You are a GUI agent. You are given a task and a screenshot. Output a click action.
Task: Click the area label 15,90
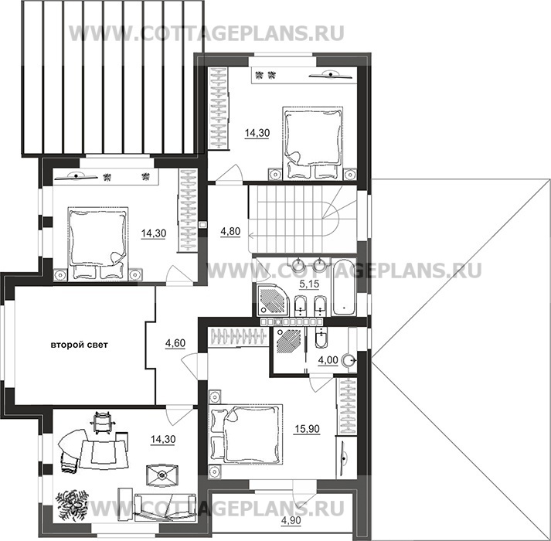click(307, 429)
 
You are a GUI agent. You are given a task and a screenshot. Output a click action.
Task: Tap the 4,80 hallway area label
click(230, 231)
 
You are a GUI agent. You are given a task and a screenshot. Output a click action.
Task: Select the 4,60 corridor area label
click(175, 342)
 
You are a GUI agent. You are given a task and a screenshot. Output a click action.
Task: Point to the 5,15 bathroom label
click(309, 284)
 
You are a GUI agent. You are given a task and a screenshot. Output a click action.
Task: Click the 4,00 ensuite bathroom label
click(328, 359)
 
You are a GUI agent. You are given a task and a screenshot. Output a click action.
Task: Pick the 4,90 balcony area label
click(291, 520)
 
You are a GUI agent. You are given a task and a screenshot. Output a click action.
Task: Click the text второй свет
click(80, 345)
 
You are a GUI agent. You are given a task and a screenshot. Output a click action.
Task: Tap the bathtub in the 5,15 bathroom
click(344, 288)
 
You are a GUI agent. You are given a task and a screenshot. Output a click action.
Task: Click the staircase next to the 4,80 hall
click(302, 219)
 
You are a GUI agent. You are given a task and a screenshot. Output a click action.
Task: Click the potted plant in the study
click(72, 505)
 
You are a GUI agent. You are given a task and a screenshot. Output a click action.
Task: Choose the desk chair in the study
click(101, 421)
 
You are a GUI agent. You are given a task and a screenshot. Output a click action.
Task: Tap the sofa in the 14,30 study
click(165, 507)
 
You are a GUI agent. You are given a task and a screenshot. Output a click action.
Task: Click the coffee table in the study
click(162, 475)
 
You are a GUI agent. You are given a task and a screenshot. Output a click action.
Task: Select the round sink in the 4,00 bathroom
click(349, 361)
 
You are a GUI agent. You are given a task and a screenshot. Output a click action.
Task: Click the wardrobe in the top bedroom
click(218, 108)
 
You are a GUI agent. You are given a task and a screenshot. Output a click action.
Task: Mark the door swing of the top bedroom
click(229, 173)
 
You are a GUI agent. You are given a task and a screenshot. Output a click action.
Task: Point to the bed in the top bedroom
click(313, 142)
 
